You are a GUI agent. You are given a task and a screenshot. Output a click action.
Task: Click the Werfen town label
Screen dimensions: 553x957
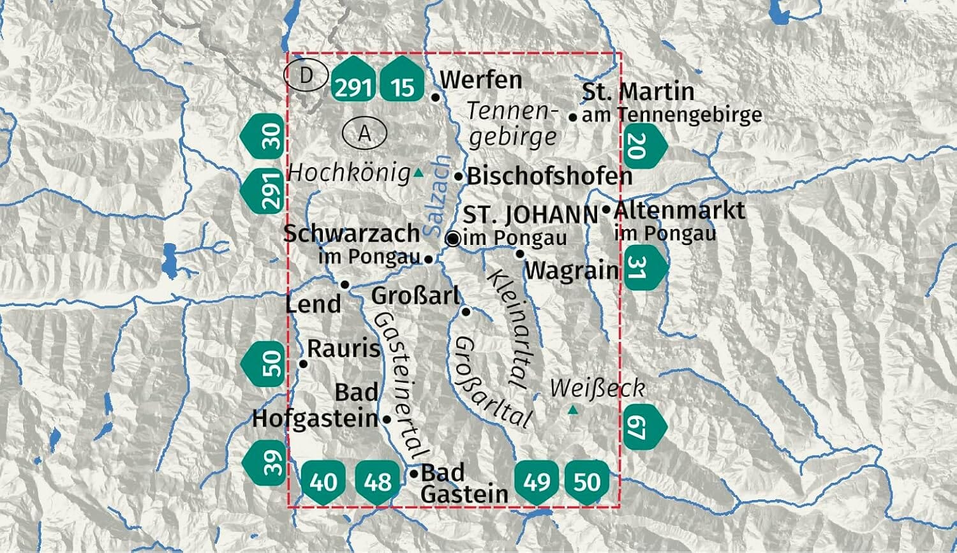pyautogui.click(x=481, y=80)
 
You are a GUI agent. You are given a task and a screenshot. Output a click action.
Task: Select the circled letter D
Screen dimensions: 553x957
pyautogui.click(x=306, y=76)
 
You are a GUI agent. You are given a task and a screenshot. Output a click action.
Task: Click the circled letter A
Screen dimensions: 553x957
pyautogui.click(x=364, y=133)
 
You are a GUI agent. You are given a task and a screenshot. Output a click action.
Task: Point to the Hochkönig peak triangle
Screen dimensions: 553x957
pyautogui.click(x=419, y=172)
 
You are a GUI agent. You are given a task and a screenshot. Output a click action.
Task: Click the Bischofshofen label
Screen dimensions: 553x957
pyautogui.click(x=549, y=176)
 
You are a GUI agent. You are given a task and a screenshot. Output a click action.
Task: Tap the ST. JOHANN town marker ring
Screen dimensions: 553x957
pyautogui.click(x=453, y=239)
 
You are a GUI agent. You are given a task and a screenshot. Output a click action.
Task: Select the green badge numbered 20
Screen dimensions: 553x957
pyautogui.click(x=642, y=146)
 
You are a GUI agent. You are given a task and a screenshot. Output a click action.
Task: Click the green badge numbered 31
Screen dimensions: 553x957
pyautogui.click(x=642, y=268)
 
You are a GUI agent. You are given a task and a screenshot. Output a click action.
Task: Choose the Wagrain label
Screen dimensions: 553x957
pyautogui.click(x=572, y=270)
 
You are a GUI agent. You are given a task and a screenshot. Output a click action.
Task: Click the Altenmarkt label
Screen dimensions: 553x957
pyautogui.click(x=679, y=210)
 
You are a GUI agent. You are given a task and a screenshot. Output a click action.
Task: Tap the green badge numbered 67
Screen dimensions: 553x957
pyautogui.click(x=642, y=425)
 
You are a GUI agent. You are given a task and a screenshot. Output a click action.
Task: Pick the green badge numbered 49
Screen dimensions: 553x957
pyautogui.click(x=537, y=482)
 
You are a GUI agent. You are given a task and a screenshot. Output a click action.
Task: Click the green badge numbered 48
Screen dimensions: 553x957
pyautogui.click(x=377, y=482)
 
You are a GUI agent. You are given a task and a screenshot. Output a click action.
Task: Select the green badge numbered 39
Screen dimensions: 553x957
pyautogui.click(x=267, y=462)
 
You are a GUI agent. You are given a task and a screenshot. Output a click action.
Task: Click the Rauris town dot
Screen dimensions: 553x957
pyautogui.click(x=304, y=364)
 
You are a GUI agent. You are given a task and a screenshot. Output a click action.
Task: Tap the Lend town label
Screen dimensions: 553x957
pyautogui.click(x=313, y=304)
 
